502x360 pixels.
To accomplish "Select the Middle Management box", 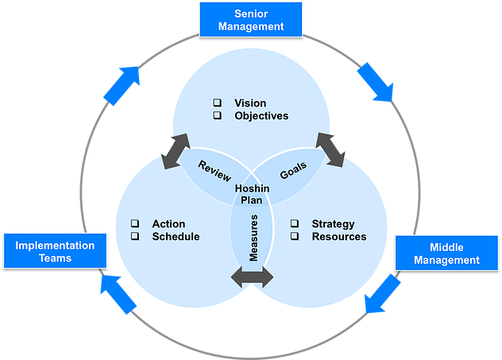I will tap(450, 253).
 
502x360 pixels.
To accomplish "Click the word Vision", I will tap(250, 103).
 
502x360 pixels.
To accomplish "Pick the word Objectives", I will tap(261, 116).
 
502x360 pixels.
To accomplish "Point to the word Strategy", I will tap(333, 224).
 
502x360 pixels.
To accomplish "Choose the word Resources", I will tap(339, 237).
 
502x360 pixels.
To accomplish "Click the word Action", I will tap(168, 224).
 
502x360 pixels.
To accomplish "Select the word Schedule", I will tap(176, 237).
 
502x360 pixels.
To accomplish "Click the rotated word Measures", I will tap(252, 238).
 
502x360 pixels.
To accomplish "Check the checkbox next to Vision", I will tap(218, 103).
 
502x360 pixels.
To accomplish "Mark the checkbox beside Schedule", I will tap(135, 237).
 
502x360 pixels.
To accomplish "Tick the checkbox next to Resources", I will tap(295, 237).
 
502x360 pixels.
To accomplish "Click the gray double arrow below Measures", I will tap(252, 277).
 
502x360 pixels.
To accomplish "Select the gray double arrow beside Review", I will tap(176, 151).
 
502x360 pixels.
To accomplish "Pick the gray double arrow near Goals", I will tap(330, 149).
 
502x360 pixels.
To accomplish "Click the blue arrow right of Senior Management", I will tap(374, 82).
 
